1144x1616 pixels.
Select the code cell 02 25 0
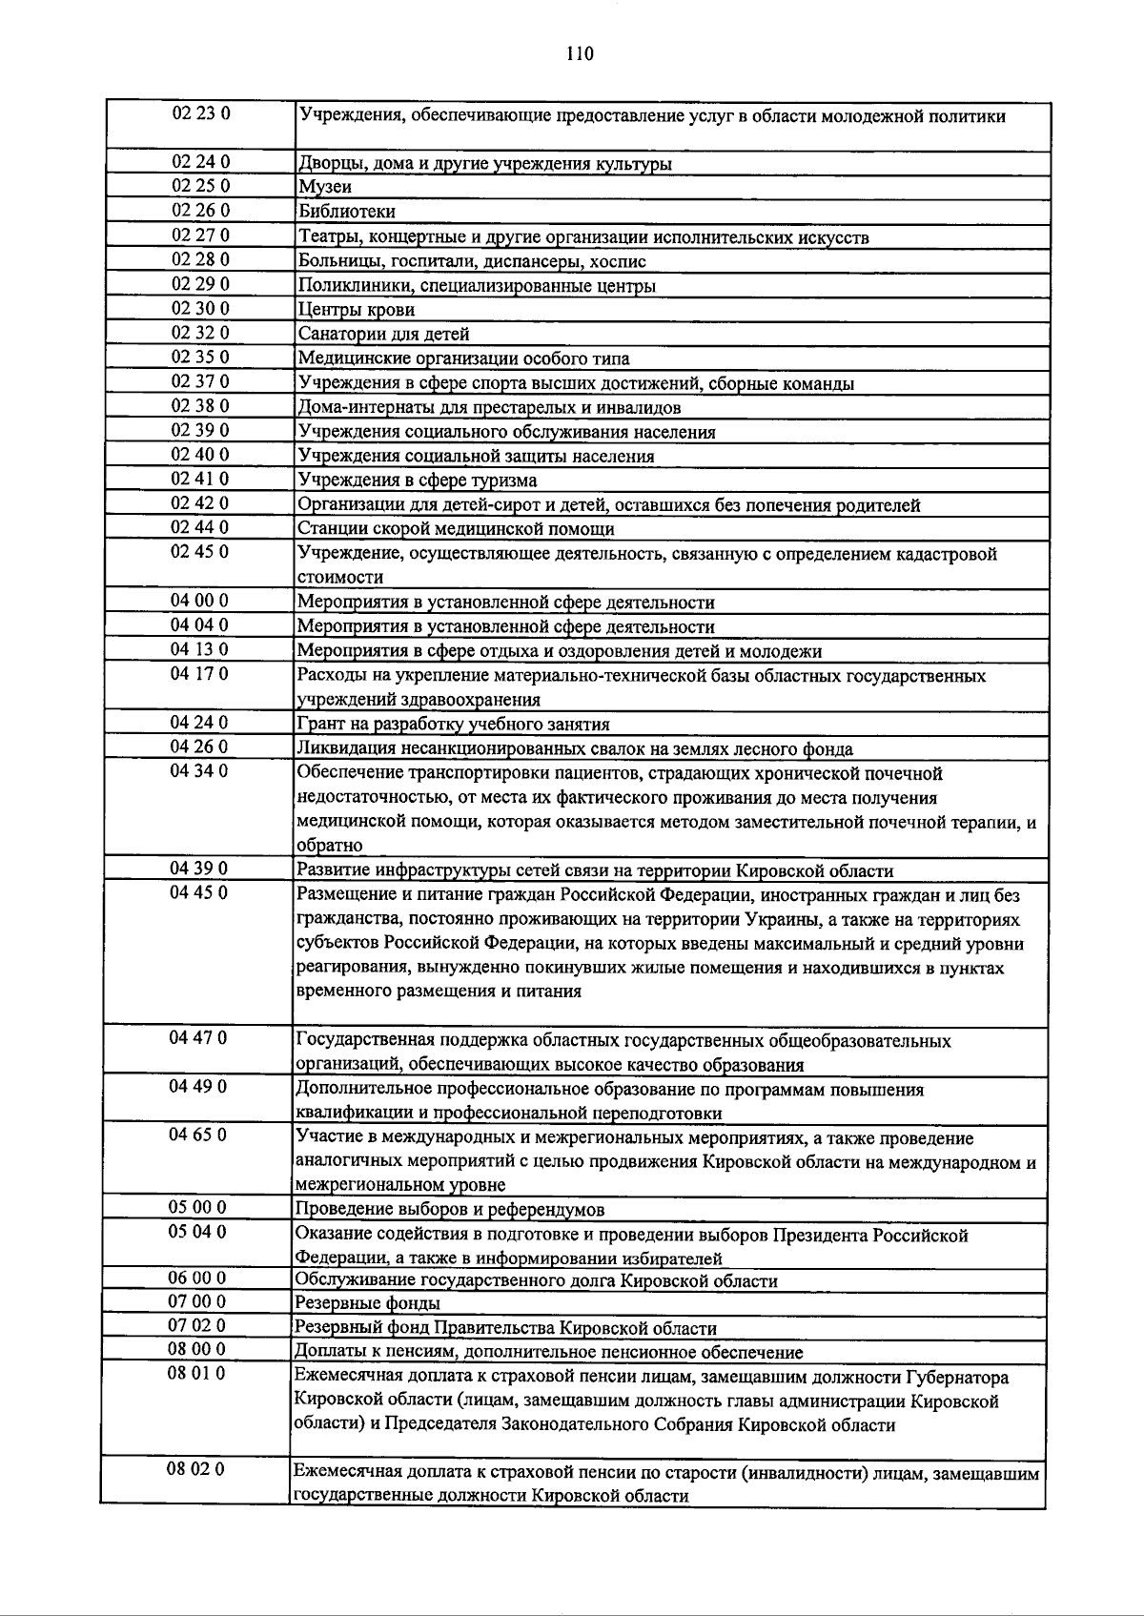200,186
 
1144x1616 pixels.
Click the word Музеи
325,187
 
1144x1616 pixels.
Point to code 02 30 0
200,308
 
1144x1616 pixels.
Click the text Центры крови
357,310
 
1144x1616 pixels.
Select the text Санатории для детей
383,334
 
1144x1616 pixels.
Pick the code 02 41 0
200,479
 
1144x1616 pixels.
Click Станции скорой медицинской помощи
456,529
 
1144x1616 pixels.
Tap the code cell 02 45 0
200,552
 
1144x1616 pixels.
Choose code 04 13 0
200,649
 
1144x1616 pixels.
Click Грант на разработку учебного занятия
454,725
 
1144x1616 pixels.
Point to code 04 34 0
200,771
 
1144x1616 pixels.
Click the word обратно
329,846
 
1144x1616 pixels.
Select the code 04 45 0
200,893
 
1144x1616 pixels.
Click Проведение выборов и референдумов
450,1210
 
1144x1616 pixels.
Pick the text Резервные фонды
368,1303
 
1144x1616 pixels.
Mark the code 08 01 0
196,1374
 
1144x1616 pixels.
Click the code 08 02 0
196,1469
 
